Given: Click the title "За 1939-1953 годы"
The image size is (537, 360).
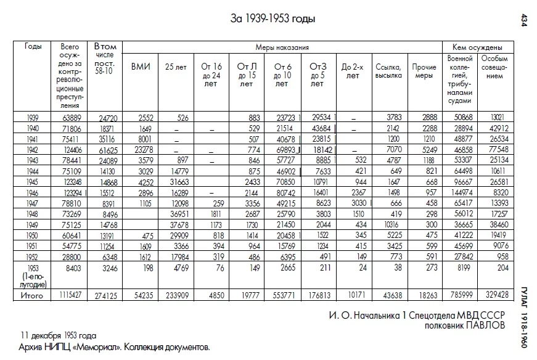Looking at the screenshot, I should click(x=273, y=19).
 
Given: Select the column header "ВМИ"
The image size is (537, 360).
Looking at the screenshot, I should click(x=140, y=67).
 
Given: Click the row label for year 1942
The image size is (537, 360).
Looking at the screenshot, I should click(x=33, y=150).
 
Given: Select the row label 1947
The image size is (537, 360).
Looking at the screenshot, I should click(x=33, y=202).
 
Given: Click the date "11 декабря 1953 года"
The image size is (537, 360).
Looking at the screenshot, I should click(x=58, y=337).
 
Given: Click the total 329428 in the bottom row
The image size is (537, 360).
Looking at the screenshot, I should click(x=493, y=297).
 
